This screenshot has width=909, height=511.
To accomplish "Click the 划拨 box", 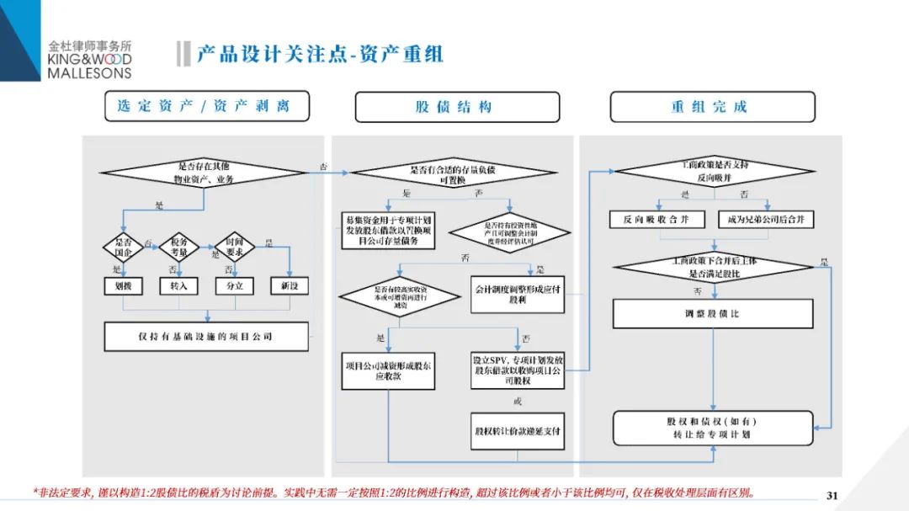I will coord(124,285).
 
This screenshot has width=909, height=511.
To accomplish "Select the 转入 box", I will coord(178,285).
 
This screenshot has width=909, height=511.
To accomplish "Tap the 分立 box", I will coord(235,285).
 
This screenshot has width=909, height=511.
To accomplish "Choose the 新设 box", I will coord(290,285).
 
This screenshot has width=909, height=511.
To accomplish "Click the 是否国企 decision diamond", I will coord(124,246).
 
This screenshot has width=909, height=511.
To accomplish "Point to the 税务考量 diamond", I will coord(178,246).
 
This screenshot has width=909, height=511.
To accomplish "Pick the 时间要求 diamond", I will coord(235,246).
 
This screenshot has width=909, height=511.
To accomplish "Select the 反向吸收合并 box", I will coord(656,220).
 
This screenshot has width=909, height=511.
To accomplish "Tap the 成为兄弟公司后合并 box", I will coord(766,220).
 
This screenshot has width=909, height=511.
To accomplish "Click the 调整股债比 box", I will coord(713,314).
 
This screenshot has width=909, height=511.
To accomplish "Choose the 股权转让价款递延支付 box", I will coord(517,431).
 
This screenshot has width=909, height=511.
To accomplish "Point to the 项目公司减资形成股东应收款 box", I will coord(388,370).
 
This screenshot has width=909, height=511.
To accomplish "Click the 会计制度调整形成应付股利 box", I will coord(517,293).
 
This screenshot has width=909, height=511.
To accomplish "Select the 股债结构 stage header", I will coord(457,107).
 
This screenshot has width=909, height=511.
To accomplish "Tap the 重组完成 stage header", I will coord(712,107).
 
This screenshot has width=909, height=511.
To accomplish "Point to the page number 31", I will coord(833,494).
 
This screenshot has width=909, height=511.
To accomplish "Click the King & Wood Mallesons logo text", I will coord(89,61).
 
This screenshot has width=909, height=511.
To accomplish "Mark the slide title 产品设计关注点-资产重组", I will coord(320,55).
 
